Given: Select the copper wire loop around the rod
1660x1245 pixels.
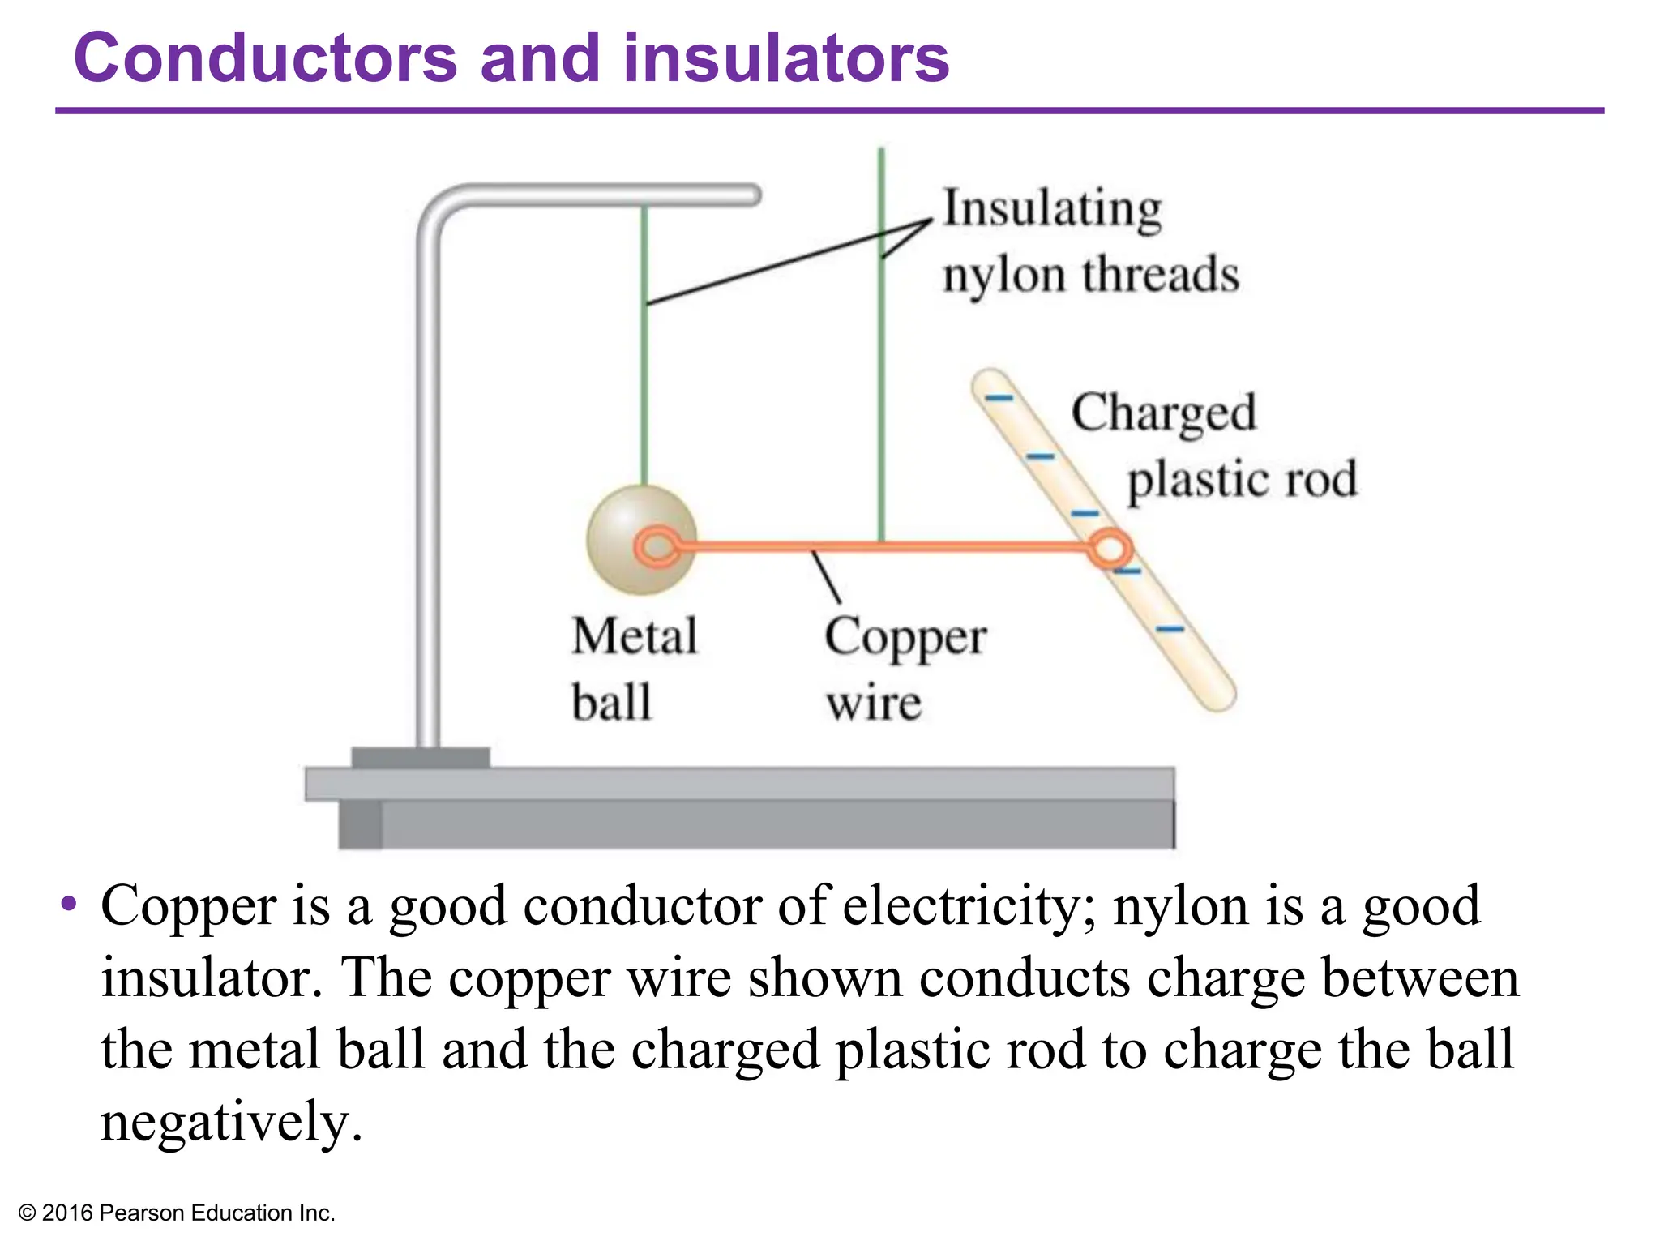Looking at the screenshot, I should (1109, 549).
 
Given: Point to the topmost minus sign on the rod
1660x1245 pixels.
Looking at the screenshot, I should (999, 399).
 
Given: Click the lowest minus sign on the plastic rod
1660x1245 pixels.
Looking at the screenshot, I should (1169, 629).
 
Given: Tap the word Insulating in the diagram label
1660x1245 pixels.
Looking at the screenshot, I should (1052, 209).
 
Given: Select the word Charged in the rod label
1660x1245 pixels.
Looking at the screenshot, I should (1164, 413).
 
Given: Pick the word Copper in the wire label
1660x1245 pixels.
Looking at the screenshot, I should (905, 639).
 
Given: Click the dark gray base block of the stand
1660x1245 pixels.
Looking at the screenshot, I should (420, 758).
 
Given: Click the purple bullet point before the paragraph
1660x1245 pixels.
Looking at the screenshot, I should (70, 903).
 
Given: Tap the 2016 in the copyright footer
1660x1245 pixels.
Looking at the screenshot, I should (66, 1213).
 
